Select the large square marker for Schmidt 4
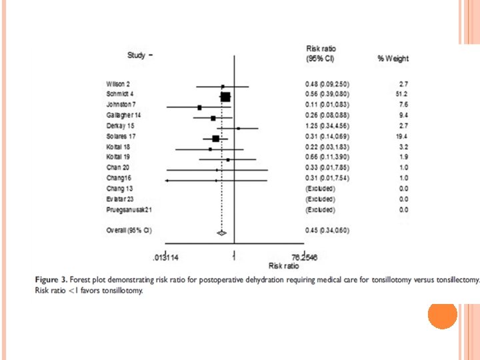(225, 97)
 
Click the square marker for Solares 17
(215, 138)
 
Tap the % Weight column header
(393, 59)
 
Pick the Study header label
(137, 54)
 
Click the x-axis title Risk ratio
(283, 265)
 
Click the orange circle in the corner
(441, 314)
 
